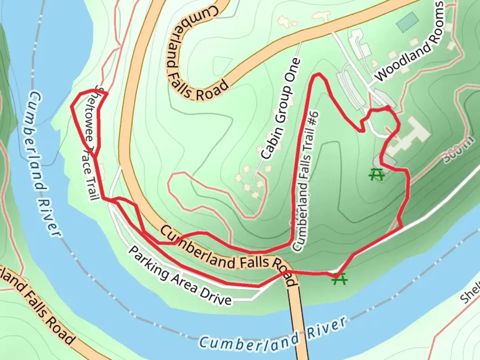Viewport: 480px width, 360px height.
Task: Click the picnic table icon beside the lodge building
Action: tap(377, 174)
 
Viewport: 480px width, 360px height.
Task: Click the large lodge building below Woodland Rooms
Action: tap(410, 135)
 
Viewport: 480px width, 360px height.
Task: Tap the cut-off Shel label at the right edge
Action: tap(470, 294)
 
